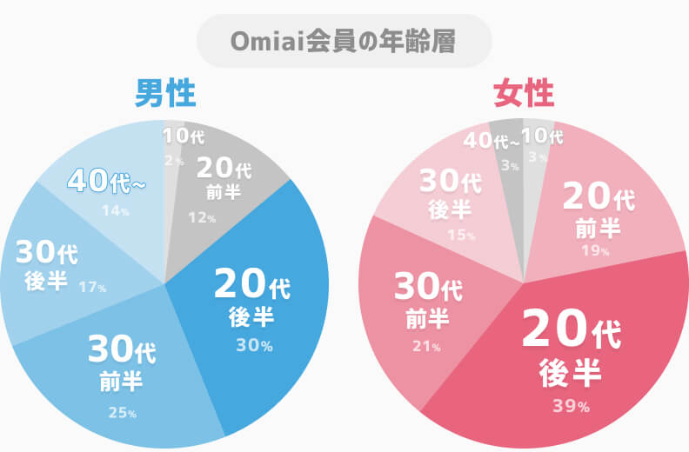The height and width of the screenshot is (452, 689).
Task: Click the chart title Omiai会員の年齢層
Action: (344, 42)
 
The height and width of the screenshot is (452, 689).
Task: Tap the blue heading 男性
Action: (164, 93)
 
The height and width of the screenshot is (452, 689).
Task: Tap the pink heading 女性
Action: (523, 93)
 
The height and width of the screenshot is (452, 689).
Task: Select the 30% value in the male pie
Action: (254, 345)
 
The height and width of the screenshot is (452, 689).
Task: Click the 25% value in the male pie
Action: (122, 412)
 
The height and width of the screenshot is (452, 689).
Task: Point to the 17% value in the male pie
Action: (92, 286)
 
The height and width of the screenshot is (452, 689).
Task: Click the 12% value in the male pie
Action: (201, 217)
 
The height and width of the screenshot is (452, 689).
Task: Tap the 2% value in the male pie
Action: (174, 161)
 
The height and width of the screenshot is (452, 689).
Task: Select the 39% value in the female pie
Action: (571, 406)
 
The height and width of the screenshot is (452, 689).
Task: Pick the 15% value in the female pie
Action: (462, 236)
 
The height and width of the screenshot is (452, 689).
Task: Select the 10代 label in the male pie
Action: (183, 136)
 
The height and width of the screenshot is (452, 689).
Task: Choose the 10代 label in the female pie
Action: (541, 136)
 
